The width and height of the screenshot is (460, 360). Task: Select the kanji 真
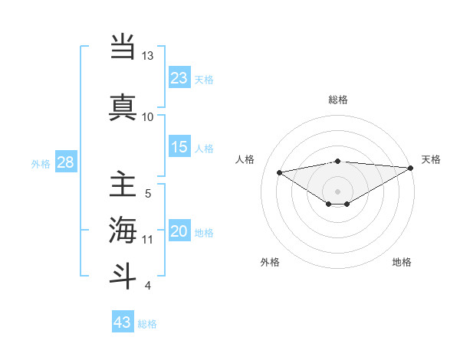coord(123,106)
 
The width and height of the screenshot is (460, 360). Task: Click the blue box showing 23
coord(179,77)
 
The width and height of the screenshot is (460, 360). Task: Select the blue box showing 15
coord(179,147)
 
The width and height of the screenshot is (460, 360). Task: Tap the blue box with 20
coord(179,232)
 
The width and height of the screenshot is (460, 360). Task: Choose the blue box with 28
coord(65,162)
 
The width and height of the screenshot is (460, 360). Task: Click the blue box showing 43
coord(123,322)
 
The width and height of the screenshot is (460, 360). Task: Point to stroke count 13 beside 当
coord(148,56)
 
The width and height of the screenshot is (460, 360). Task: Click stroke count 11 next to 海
coord(148,240)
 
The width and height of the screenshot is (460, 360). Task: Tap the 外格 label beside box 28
coord(41,163)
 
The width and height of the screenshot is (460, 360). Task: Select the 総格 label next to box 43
coord(147,324)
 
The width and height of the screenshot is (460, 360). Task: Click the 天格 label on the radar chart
coord(431,159)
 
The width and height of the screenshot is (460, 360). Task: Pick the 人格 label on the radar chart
coord(245,159)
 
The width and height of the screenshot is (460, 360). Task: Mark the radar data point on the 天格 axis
coord(411,169)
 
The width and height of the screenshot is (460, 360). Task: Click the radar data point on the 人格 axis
coord(280,172)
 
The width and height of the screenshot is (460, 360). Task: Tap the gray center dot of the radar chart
coord(337,191)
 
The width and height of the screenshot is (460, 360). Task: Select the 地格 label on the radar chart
coord(402,262)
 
